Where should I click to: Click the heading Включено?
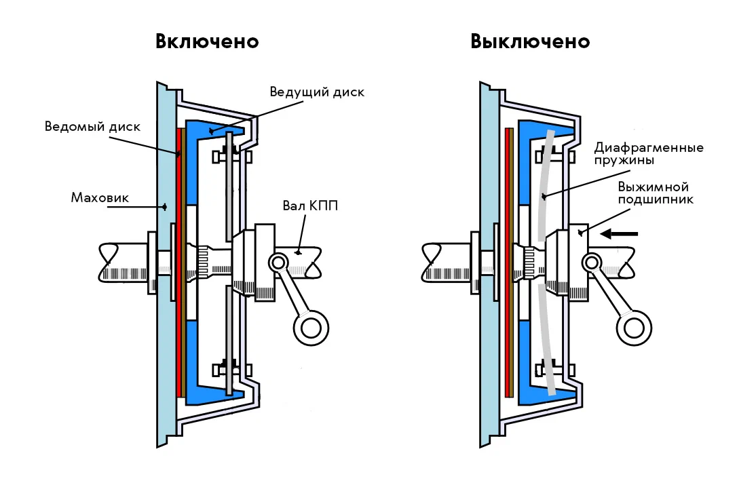tap(207, 41)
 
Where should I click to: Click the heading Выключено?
tap(530, 41)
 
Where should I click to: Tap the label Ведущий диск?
tap(317, 92)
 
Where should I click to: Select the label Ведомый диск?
tap(92, 126)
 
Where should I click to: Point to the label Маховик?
tap(100, 198)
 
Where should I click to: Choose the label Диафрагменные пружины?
tap(648, 154)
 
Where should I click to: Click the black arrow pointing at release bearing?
tap(620, 234)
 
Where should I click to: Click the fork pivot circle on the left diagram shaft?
tap(278, 261)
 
